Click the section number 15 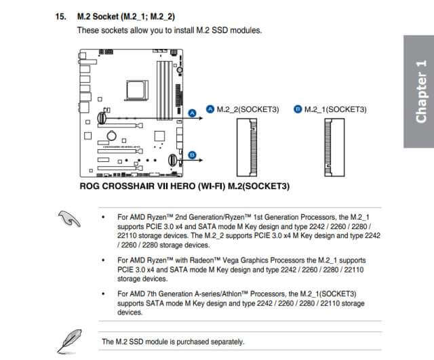(x=60, y=16)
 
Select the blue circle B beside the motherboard (x=192, y=156)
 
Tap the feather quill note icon (x=68, y=337)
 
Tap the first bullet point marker (x=102, y=217)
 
